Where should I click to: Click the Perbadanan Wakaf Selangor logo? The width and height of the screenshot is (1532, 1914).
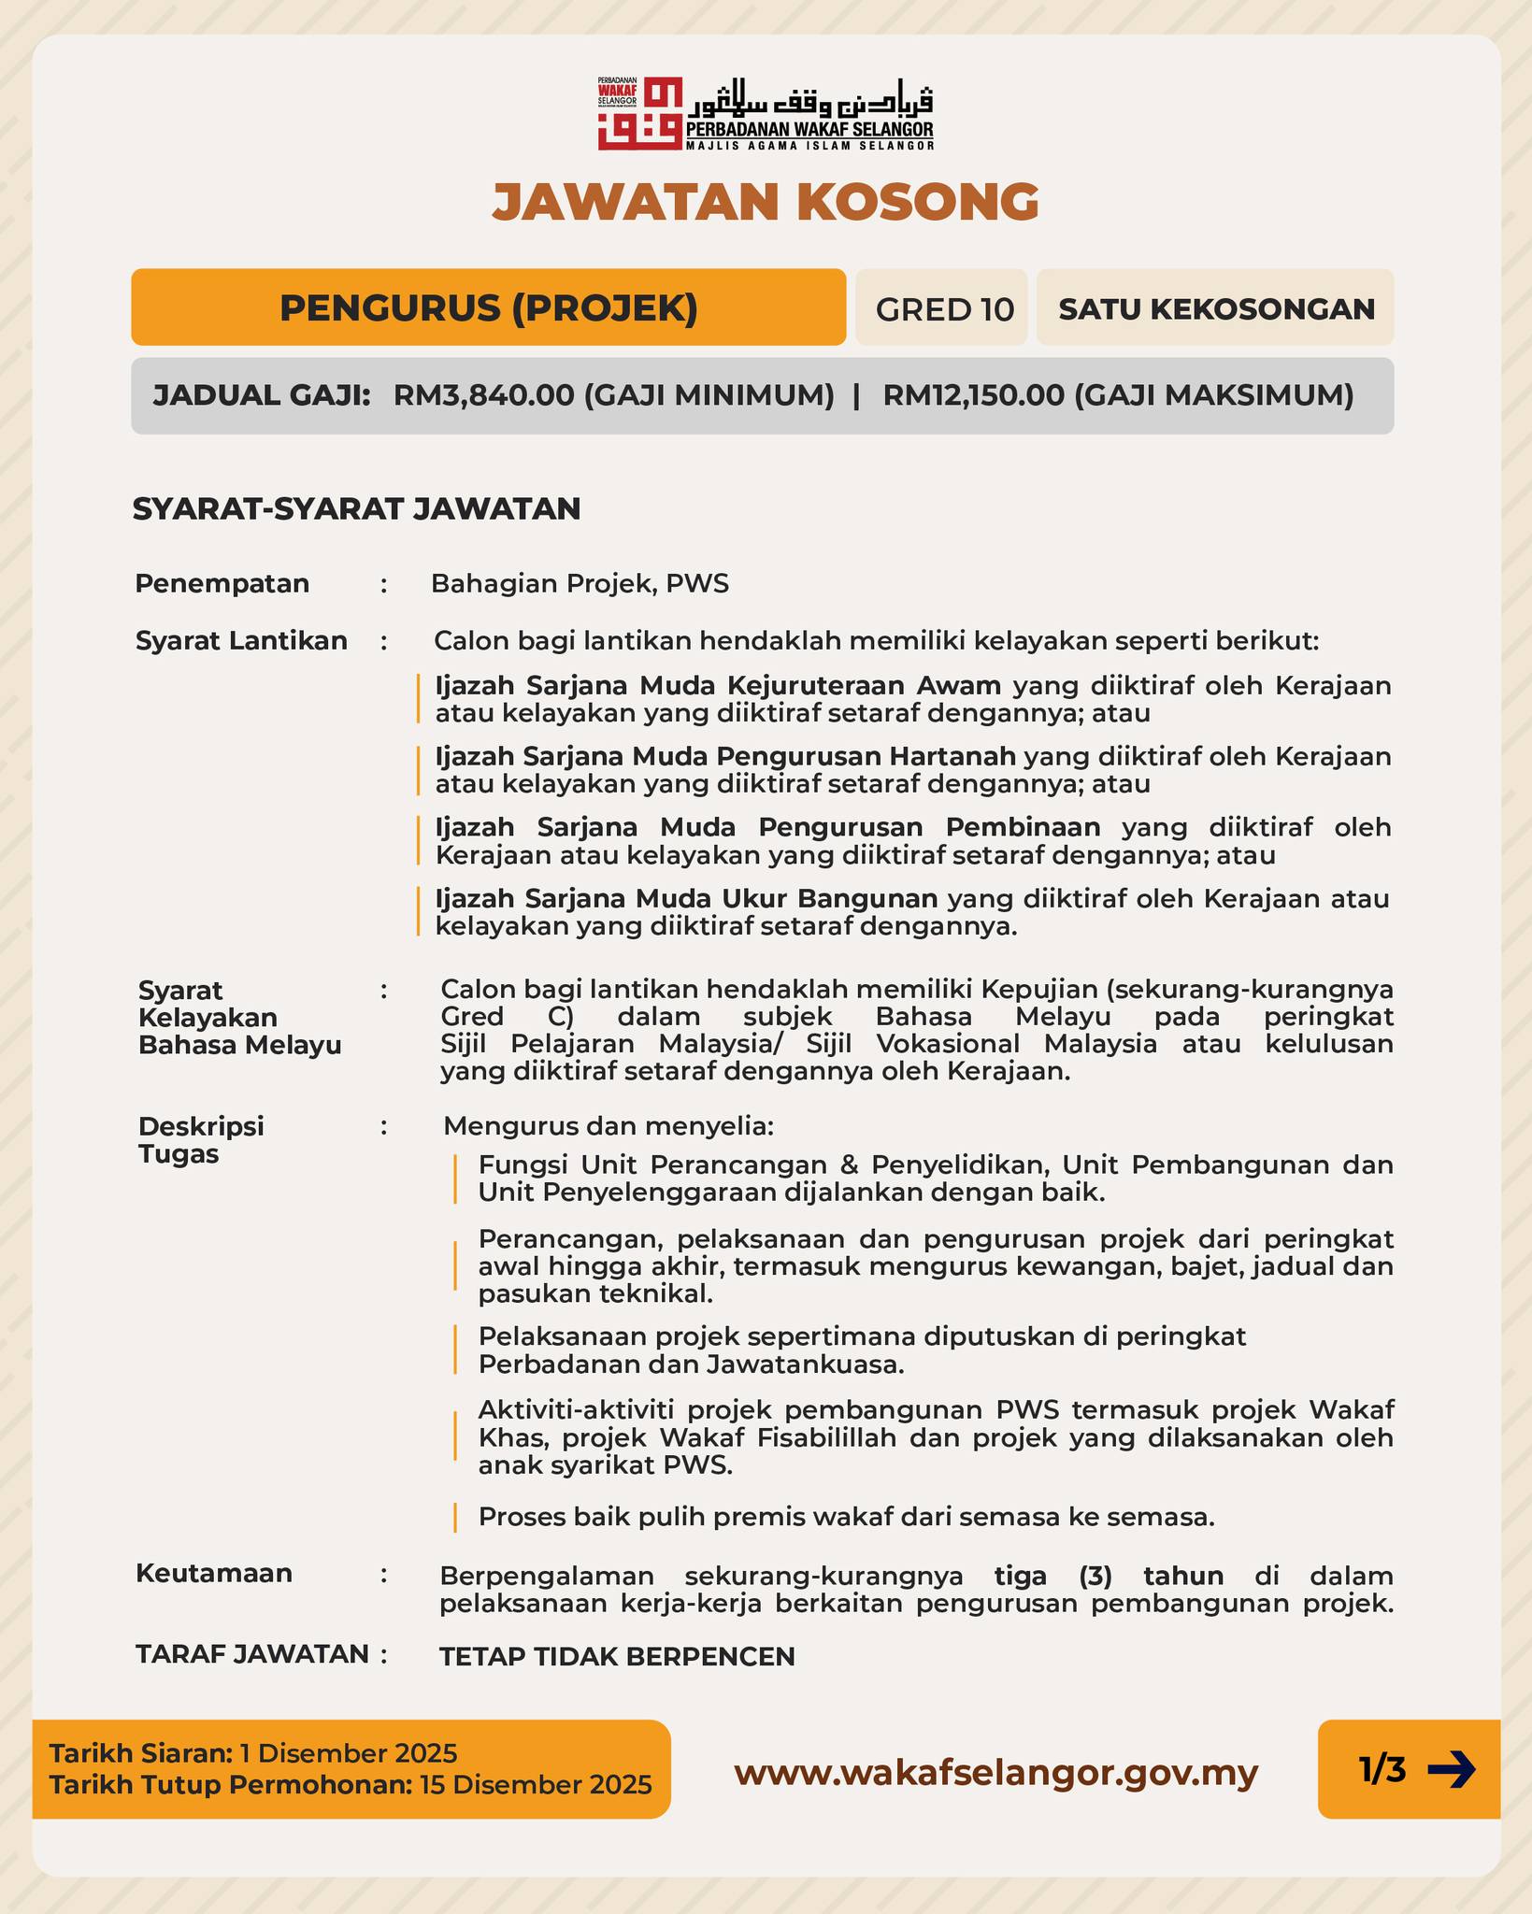click(x=766, y=113)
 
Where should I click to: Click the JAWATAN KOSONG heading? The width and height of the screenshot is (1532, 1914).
click(x=766, y=201)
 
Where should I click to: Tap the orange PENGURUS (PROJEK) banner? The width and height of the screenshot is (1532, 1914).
click(x=488, y=307)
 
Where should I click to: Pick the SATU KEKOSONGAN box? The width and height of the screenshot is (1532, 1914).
click(x=1216, y=308)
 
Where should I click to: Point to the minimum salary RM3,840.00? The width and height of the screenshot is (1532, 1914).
click(x=483, y=395)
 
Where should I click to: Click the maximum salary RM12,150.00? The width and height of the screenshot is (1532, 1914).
click(x=973, y=395)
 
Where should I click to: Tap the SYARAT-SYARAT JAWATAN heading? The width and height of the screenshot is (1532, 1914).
click(x=356, y=509)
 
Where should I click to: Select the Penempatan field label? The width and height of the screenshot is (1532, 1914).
click(x=222, y=583)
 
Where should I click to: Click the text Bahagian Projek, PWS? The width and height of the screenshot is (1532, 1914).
click(x=580, y=584)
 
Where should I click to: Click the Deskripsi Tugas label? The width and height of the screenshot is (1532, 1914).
click(x=201, y=1140)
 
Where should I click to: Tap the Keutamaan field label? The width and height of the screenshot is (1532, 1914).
click(x=214, y=1573)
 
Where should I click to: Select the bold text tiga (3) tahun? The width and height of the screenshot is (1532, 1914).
click(x=1109, y=1576)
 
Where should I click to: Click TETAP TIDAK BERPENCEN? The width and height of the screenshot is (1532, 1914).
click(x=617, y=1656)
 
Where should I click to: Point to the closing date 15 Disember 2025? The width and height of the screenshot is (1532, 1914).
click(x=536, y=1785)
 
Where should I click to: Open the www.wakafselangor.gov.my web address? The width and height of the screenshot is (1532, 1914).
click(x=995, y=1772)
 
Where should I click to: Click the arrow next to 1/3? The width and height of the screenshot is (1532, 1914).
click(x=1451, y=1769)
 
